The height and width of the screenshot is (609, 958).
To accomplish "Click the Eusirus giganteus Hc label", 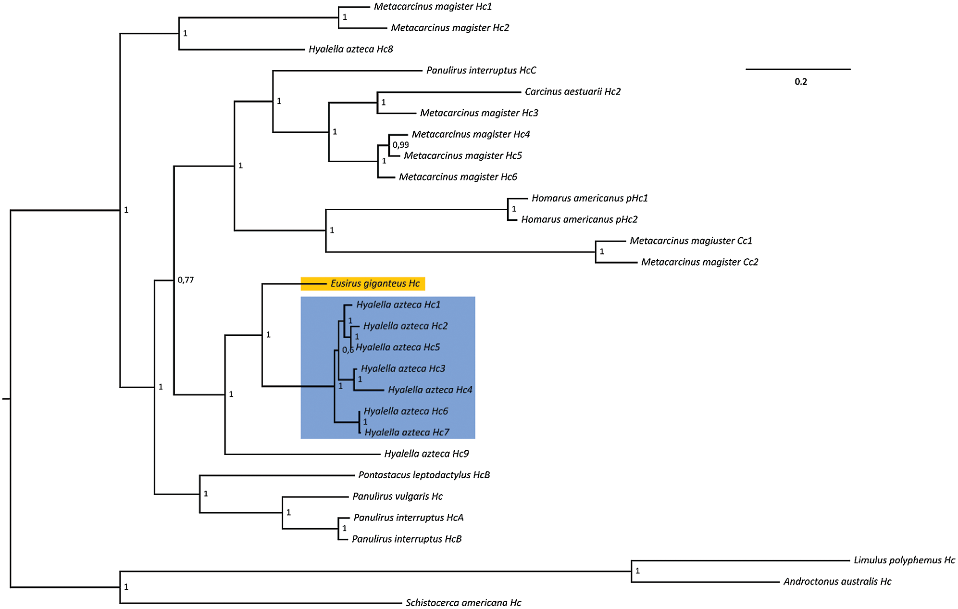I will [x=375, y=284].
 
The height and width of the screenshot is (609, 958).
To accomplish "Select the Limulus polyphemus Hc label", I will [x=904, y=560].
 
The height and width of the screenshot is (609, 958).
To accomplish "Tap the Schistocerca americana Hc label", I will [x=463, y=603].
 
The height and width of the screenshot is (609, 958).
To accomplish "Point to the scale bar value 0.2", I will [x=801, y=82].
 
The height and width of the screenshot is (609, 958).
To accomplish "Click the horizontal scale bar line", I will [x=798, y=70].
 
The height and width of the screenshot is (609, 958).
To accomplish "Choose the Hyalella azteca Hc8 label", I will [x=351, y=49].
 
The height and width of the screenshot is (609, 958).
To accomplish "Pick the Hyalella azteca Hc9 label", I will [x=426, y=454].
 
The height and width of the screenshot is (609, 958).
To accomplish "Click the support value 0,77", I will [x=186, y=280].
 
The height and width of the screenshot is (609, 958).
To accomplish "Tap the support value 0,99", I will [x=401, y=145].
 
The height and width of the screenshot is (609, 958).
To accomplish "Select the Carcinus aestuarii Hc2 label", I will [x=572, y=92].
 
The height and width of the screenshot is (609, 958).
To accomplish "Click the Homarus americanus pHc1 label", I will [x=589, y=198].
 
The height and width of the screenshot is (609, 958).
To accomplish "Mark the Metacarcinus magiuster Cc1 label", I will [x=691, y=241].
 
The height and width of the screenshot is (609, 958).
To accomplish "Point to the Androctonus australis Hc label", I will [x=837, y=582].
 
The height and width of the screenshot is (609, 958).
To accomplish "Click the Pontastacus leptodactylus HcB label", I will [x=424, y=475].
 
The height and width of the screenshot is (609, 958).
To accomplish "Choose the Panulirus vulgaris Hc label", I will [x=398, y=496].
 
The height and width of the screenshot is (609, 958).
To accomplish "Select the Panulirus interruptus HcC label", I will [x=481, y=71].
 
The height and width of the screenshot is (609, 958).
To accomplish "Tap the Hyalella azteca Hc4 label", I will [x=430, y=390].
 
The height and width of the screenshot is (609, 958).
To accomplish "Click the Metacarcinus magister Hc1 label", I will [x=433, y=7].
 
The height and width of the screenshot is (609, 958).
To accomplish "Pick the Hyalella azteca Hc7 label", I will [x=407, y=432].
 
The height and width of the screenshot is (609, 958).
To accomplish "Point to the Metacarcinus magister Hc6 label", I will [x=458, y=177].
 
